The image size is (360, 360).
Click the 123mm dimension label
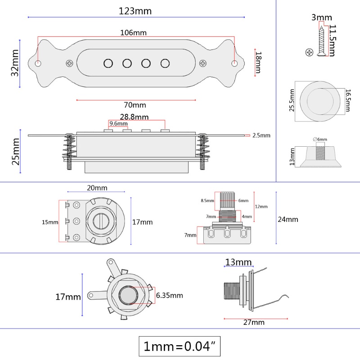point(135,11)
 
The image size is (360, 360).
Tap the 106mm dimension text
point(133,33)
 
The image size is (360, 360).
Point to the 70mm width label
point(135,105)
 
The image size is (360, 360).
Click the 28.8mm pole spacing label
point(134,117)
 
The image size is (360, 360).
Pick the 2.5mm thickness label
point(261,135)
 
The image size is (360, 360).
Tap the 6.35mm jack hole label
point(169,295)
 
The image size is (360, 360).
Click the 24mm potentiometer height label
point(288,219)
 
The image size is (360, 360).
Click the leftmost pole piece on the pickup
point(108,63)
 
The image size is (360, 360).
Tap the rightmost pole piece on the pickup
point(165,63)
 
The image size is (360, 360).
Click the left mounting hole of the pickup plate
point(38,63)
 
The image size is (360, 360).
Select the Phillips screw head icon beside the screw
point(309,52)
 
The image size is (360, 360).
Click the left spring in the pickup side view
point(69,151)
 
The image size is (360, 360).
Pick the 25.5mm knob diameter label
point(292,100)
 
